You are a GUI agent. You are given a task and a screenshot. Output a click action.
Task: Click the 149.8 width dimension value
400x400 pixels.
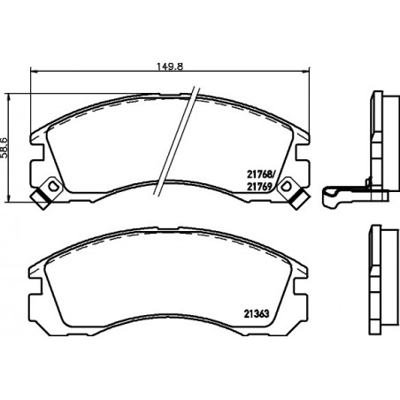(170, 66)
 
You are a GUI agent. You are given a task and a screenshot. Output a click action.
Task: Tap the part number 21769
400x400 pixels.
(258, 186)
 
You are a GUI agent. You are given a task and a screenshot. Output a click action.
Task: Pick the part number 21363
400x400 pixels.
(257, 314)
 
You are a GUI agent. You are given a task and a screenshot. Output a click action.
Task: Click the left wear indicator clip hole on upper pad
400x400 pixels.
(53, 186)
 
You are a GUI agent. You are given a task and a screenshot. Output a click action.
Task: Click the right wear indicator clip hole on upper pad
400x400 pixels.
(286, 186)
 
